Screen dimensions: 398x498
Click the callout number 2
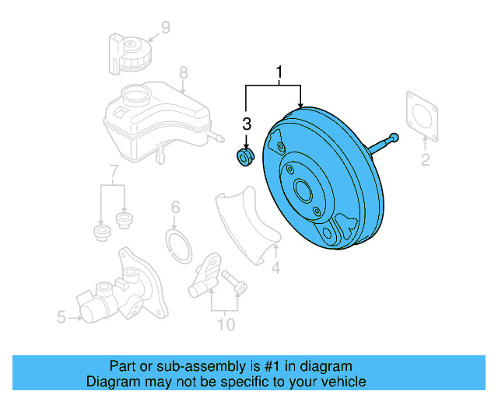pyautogui.click(x=426, y=161)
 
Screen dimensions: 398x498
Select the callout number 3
pyautogui.click(x=247, y=124)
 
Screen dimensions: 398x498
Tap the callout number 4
pyautogui.click(x=275, y=269)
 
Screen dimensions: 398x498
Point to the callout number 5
pyautogui.click(x=61, y=317)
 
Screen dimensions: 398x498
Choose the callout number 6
pyautogui.click(x=175, y=208)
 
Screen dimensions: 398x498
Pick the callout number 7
pyautogui.click(x=114, y=171)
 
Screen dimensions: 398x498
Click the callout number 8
pyautogui.click(x=184, y=74)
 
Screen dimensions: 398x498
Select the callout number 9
pyautogui.click(x=165, y=30)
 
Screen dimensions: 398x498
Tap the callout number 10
pyautogui.click(x=225, y=324)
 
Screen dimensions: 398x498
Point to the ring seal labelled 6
pyautogui.click(x=181, y=245)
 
